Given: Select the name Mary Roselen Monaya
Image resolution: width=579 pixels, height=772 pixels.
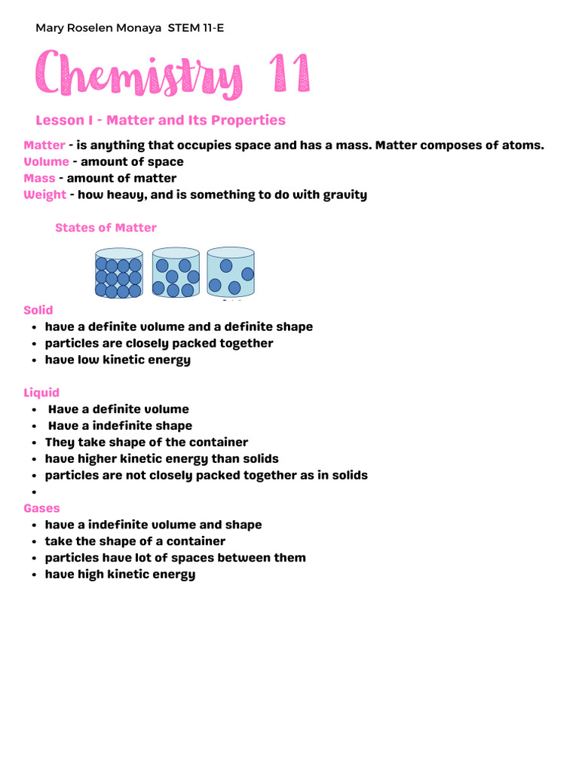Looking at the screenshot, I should [99, 28].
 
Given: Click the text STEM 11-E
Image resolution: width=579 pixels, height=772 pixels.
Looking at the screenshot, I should [196, 28].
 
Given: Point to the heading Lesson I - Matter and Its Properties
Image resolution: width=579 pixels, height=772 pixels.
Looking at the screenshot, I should [161, 121].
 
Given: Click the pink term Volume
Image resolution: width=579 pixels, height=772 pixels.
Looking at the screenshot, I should [46, 161].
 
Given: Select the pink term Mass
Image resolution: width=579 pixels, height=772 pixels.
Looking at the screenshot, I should [39, 178].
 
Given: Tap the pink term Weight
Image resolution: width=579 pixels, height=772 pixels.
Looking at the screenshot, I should [44, 195].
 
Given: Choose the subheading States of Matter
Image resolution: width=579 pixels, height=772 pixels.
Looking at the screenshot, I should [106, 228].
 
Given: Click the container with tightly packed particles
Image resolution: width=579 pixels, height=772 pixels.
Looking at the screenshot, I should [118, 274].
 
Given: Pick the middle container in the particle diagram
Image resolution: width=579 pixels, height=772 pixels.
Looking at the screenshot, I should [176, 274].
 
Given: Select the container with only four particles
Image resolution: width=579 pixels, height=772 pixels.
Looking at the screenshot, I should [231, 272].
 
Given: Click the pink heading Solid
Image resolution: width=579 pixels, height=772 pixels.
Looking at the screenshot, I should [38, 310].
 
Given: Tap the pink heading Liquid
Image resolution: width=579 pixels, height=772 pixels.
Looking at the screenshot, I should [41, 393].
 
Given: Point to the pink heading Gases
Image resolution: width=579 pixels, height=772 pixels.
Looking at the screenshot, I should [41, 508].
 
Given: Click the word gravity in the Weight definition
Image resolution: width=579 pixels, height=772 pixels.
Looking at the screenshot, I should [345, 195].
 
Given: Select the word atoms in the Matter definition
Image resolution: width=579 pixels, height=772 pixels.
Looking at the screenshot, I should [522, 145].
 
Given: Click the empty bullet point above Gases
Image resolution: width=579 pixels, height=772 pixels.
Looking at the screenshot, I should [35, 492].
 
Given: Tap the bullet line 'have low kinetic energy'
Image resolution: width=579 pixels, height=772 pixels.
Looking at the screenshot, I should [118, 360].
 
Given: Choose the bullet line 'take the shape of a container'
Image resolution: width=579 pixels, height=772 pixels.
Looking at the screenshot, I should [135, 541].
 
